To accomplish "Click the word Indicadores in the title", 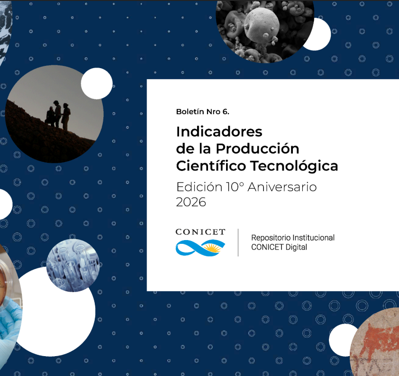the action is (x=219, y=132).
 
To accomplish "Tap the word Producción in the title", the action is (x=257, y=149).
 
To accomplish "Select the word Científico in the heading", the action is (x=211, y=166).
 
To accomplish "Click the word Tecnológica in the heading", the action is (x=294, y=166).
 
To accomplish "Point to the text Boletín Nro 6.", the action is (x=202, y=112).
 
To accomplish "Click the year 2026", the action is (x=191, y=202).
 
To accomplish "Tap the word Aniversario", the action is (x=282, y=187).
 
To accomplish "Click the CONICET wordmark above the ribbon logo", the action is (x=200, y=232).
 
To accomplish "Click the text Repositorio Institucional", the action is (x=293, y=238).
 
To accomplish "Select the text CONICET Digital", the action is (x=279, y=247).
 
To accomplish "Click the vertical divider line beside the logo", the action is (x=238, y=242).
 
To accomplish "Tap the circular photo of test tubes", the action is (x=73, y=265).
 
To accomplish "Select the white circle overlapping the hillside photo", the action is (x=97, y=83).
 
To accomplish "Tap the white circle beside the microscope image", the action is (x=320, y=34).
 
